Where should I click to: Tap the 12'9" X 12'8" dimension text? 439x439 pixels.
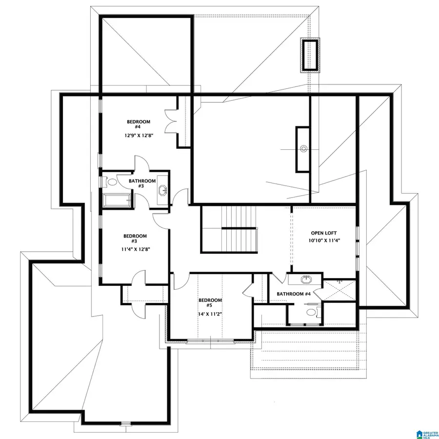point(139,137)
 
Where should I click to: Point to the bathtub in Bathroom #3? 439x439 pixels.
point(116,200)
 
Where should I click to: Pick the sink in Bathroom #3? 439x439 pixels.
point(162,191)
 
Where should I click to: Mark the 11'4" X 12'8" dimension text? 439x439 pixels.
point(136,249)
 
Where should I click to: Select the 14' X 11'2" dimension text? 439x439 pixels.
point(211,315)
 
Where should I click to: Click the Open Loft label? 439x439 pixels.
point(324,233)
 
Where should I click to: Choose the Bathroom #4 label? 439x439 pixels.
point(294,294)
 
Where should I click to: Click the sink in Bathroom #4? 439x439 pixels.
point(306,280)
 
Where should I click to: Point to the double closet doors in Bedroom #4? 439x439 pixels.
point(172,121)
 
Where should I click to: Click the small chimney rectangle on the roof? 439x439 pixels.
point(310,54)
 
